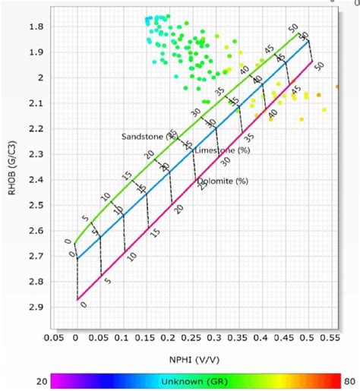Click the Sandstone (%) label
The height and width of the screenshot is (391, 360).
point(148,137)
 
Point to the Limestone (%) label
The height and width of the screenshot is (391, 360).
point(223,150)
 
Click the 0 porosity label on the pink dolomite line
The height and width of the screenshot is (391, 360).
point(83,304)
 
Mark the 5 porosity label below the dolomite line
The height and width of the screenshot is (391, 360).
point(107,281)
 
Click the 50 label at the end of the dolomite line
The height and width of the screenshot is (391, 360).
point(318,67)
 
